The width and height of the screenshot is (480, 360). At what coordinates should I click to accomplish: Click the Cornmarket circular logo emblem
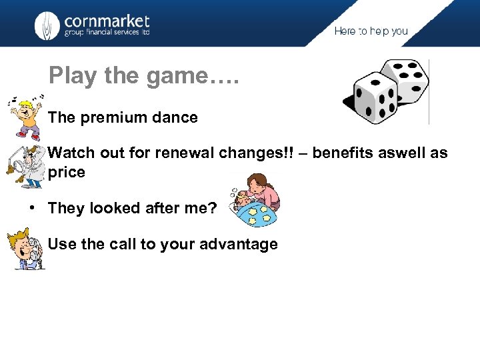point(47,25)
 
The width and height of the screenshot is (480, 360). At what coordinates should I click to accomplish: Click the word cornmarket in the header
point(107,21)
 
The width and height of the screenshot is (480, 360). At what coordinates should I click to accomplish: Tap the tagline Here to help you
point(371,31)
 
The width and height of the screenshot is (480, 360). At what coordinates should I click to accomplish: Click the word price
point(67,173)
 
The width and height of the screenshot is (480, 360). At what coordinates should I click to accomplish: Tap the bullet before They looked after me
point(32,209)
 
